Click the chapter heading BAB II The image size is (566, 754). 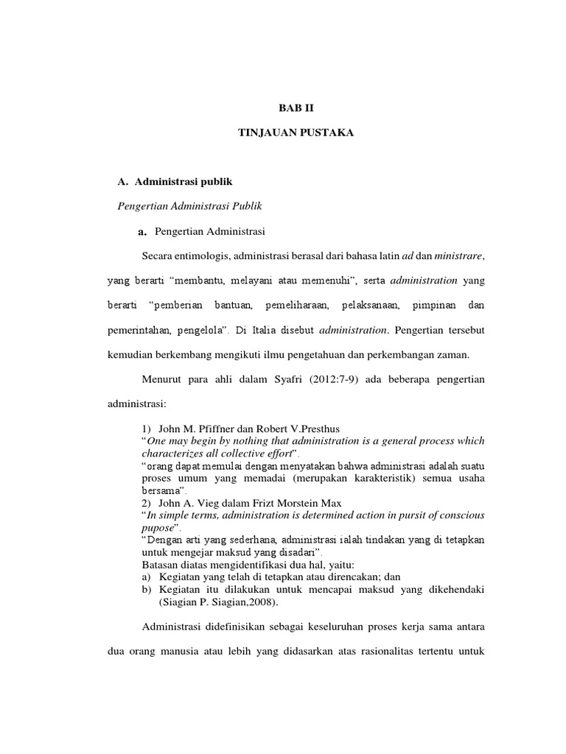click(x=290, y=108)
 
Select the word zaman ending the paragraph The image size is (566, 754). click(x=451, y=356)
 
